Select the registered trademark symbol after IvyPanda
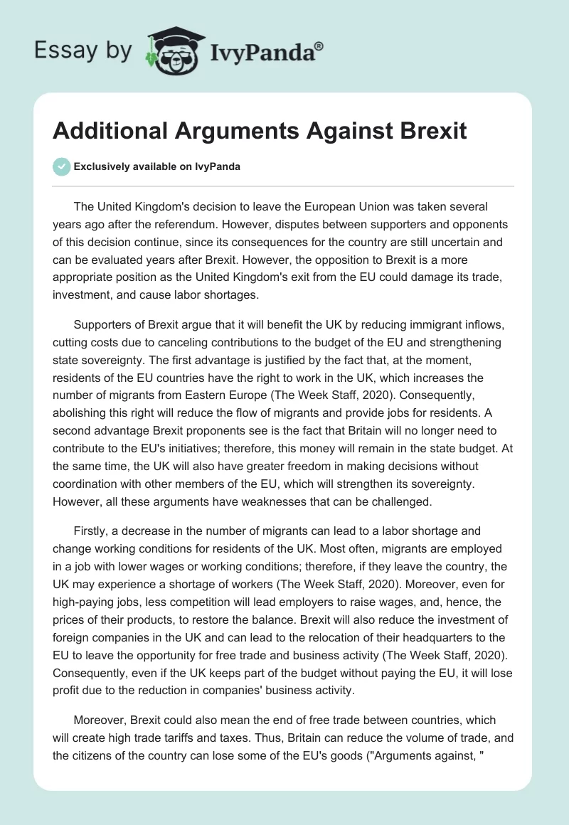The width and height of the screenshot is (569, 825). (x=319, y=46)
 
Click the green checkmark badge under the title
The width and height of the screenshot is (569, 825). (x=61, y=166)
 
